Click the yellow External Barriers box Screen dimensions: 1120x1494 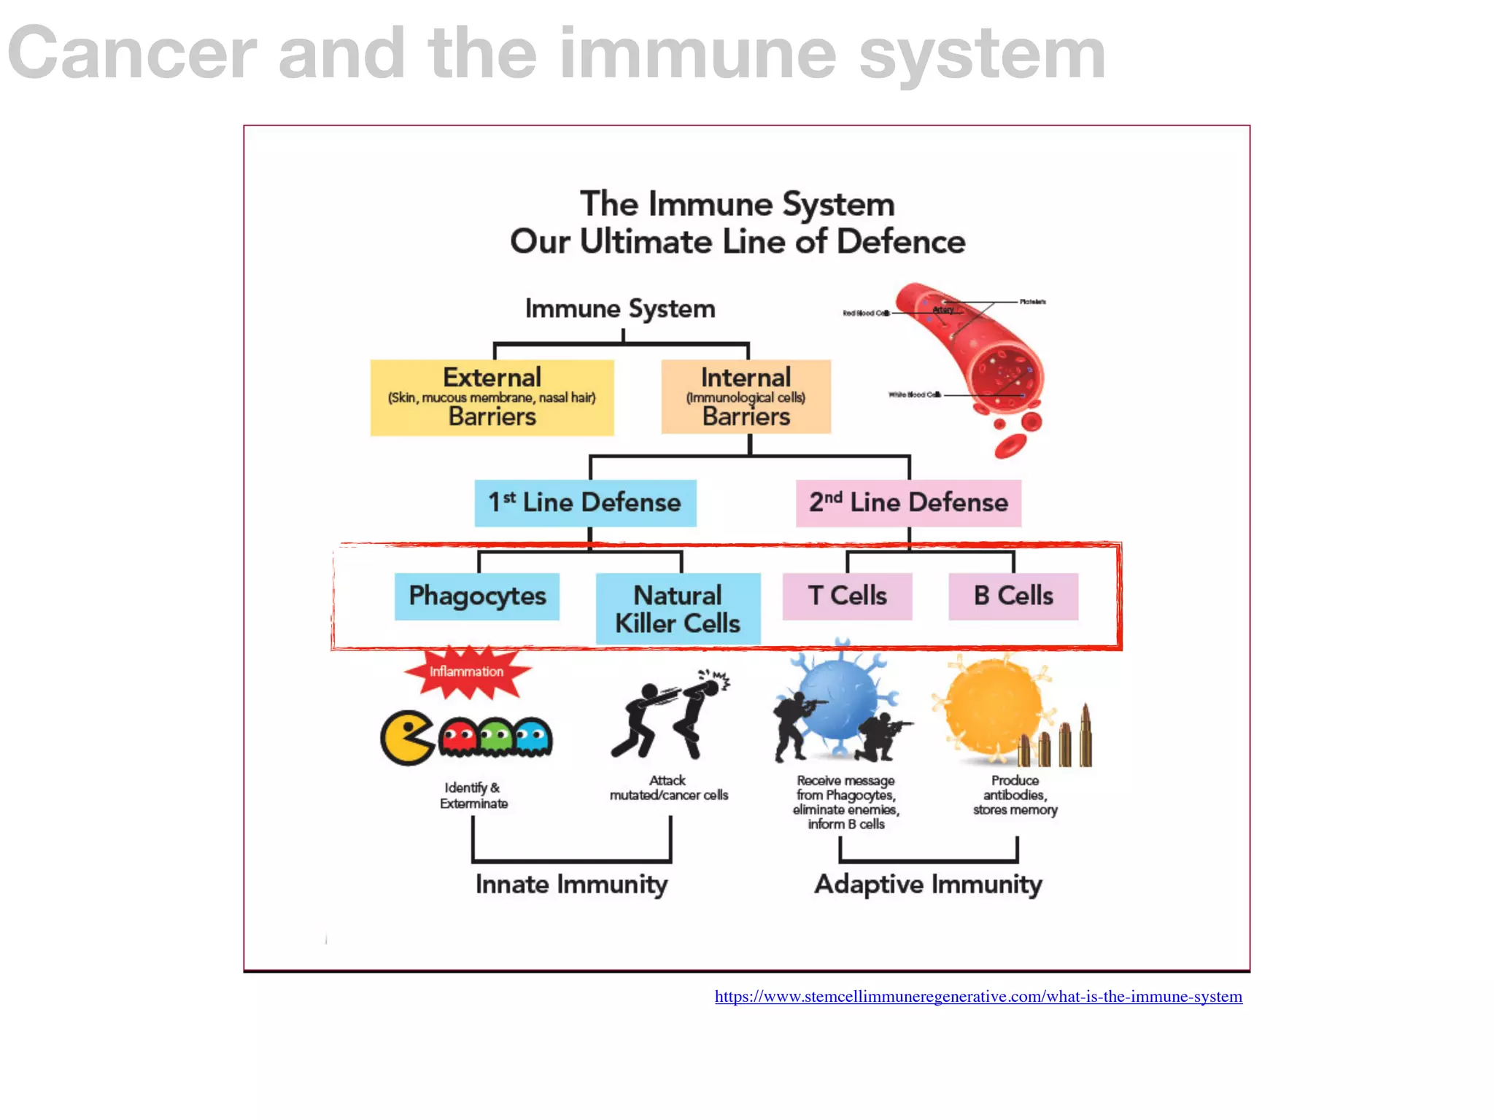click(x=492, y=397)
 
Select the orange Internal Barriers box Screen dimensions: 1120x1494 click(x=746, y=397)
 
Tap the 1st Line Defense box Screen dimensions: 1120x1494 click(x=585, y=502)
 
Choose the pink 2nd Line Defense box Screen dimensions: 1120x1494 click(x=908, y=502)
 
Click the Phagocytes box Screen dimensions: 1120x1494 click(x=477, y=596)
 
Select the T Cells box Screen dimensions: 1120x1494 click(x=847, y=596)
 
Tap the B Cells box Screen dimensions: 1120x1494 click(x=1013, y=596)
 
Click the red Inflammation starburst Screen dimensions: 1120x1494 click(x=467, y=672)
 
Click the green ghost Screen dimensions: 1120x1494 click(x=497, y=736)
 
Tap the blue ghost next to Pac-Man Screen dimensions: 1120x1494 click(x=533, y=736)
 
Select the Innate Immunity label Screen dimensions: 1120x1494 click(x=571, y=884)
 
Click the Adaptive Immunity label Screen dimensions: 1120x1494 click(x=928, y=884)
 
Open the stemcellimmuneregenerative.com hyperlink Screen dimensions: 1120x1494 click(x=978, y=997)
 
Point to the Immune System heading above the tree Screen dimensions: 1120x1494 click(x=620, y=308)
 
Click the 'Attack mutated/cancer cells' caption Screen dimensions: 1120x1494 click(x=669, y=788)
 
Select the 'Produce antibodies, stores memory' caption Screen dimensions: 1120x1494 click(x=1015, y=796)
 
